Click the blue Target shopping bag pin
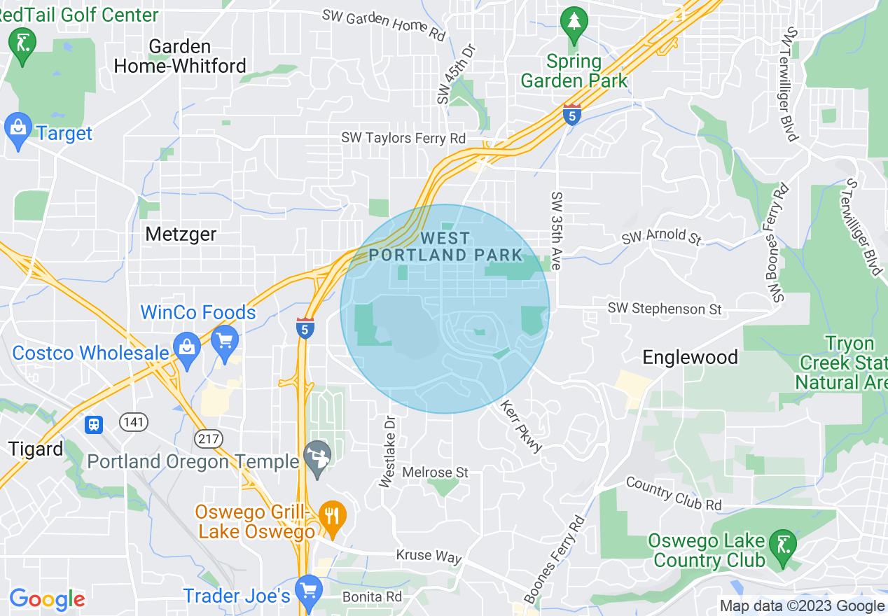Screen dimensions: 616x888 pos(18,130)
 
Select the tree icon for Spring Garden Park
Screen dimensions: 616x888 pos(574,23)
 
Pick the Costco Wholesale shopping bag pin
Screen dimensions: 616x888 pos(187,350)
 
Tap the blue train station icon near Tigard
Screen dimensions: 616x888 pos(94,424)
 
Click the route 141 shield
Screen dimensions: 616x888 pos(133,422)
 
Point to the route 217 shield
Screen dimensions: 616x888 pos(209,440)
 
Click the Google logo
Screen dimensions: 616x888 pos(47,599)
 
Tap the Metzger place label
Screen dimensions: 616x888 pos(181,234)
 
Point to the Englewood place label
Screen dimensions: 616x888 pos(690,357)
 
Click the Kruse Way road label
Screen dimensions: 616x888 pos(429,556)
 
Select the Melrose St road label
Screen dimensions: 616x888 pos(435,472)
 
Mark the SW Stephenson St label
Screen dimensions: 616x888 pos(665,309)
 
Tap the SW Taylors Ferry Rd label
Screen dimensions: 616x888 pos(403,138)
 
